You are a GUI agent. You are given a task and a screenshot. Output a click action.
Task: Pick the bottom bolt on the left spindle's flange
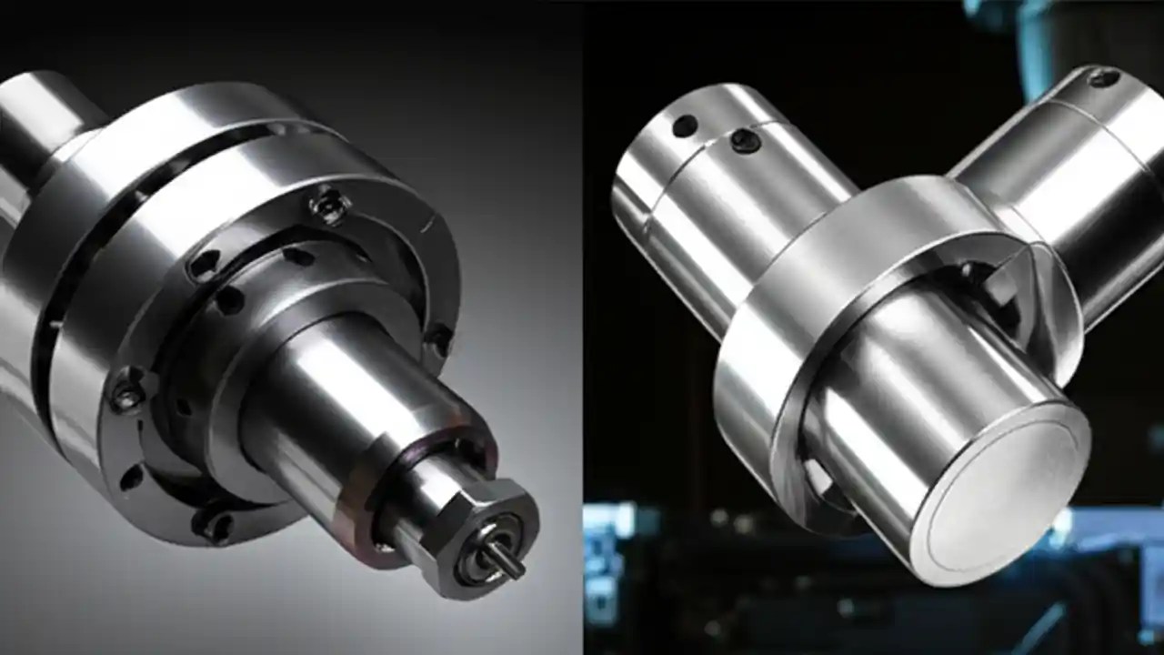pos(213,523)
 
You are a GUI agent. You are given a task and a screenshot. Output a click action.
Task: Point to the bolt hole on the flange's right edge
pos(439,339)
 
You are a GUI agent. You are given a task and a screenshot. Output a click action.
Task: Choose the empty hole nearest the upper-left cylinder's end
pos(684,126)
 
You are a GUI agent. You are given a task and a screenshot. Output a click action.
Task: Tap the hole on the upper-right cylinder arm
pos(1103,78)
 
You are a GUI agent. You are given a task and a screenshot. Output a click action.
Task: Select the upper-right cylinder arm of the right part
pos(1064,182)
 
